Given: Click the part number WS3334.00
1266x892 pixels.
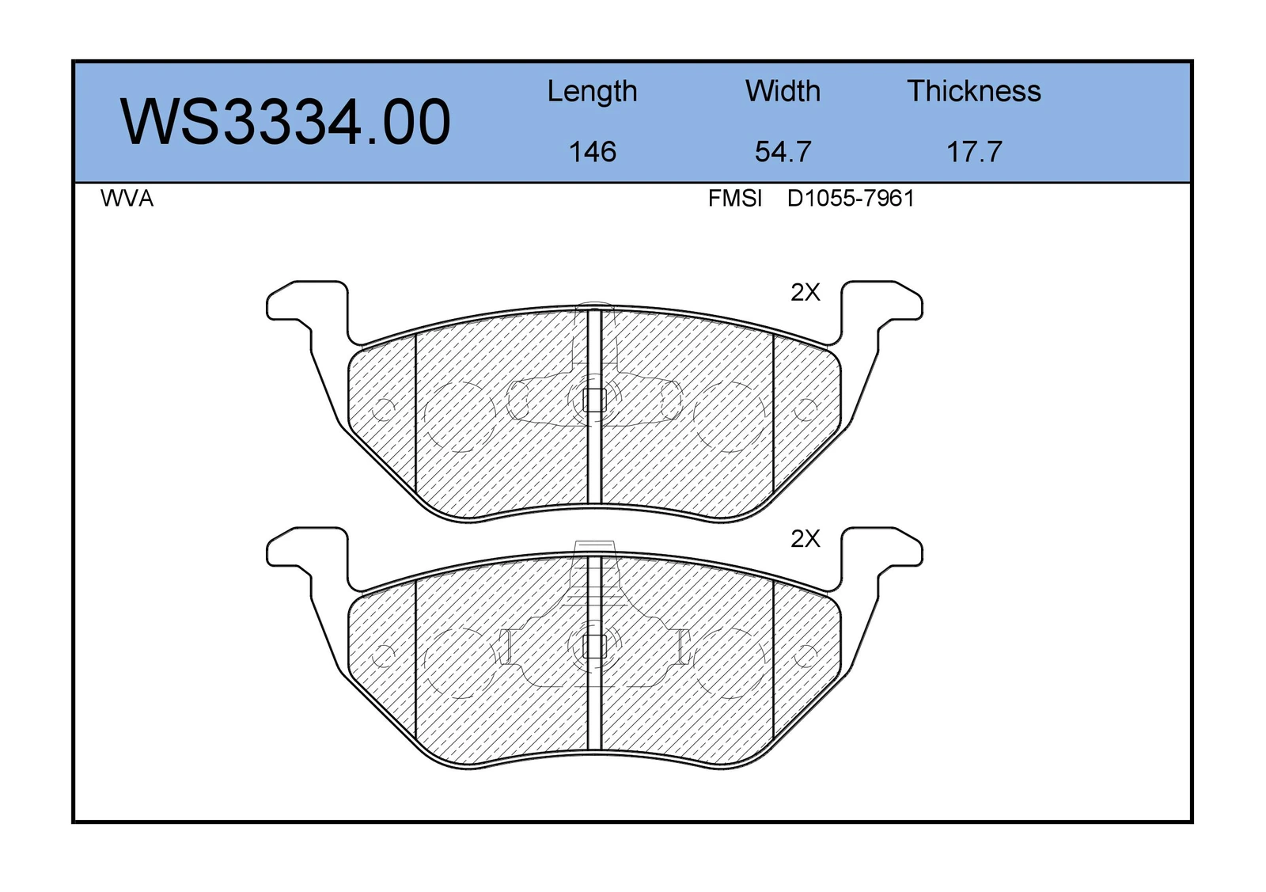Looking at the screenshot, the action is tap(286, 122).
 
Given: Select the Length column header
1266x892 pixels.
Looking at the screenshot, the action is tap(592, 92).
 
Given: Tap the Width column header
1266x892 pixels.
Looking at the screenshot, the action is tap(783, 91).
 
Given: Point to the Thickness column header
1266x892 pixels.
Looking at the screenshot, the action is tap(974, 91).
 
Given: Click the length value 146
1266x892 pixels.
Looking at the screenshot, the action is tap(592, 152).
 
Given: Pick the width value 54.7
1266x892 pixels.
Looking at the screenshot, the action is tap(783, 152).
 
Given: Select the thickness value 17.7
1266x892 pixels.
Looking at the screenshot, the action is tap(974, 152).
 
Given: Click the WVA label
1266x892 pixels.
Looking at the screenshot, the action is tap(127, 199).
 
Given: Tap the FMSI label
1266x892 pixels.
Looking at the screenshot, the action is tap(735, 199).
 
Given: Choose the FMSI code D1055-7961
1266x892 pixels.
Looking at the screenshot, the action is tap(851, 199).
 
